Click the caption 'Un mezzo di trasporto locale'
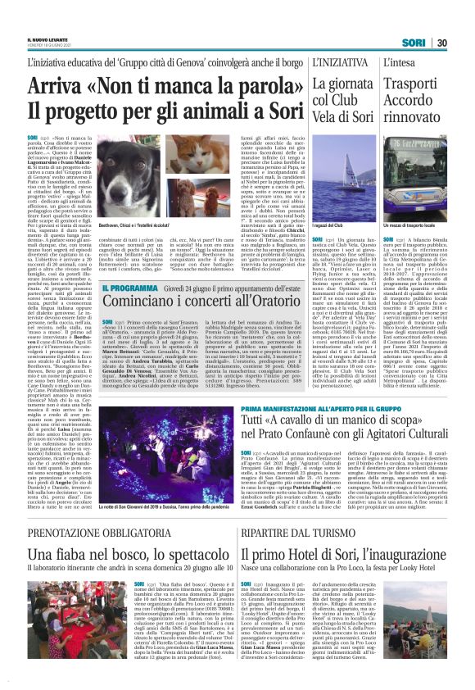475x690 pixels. click(416, 225)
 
